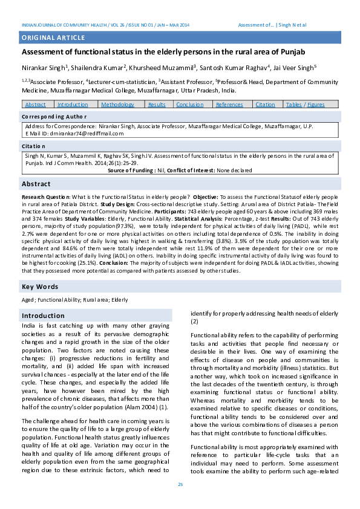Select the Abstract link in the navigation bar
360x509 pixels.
(36, 105)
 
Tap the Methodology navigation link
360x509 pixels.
(118, 105)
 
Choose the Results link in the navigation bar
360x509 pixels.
(157, 105)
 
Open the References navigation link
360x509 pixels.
(229, 105)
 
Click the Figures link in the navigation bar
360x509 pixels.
(316, 105)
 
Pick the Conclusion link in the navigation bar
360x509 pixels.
(189, 105)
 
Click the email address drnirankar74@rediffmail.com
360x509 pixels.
(81, 132)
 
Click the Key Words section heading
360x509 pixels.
(40, 287)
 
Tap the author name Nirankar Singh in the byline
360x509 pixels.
(43, 68)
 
